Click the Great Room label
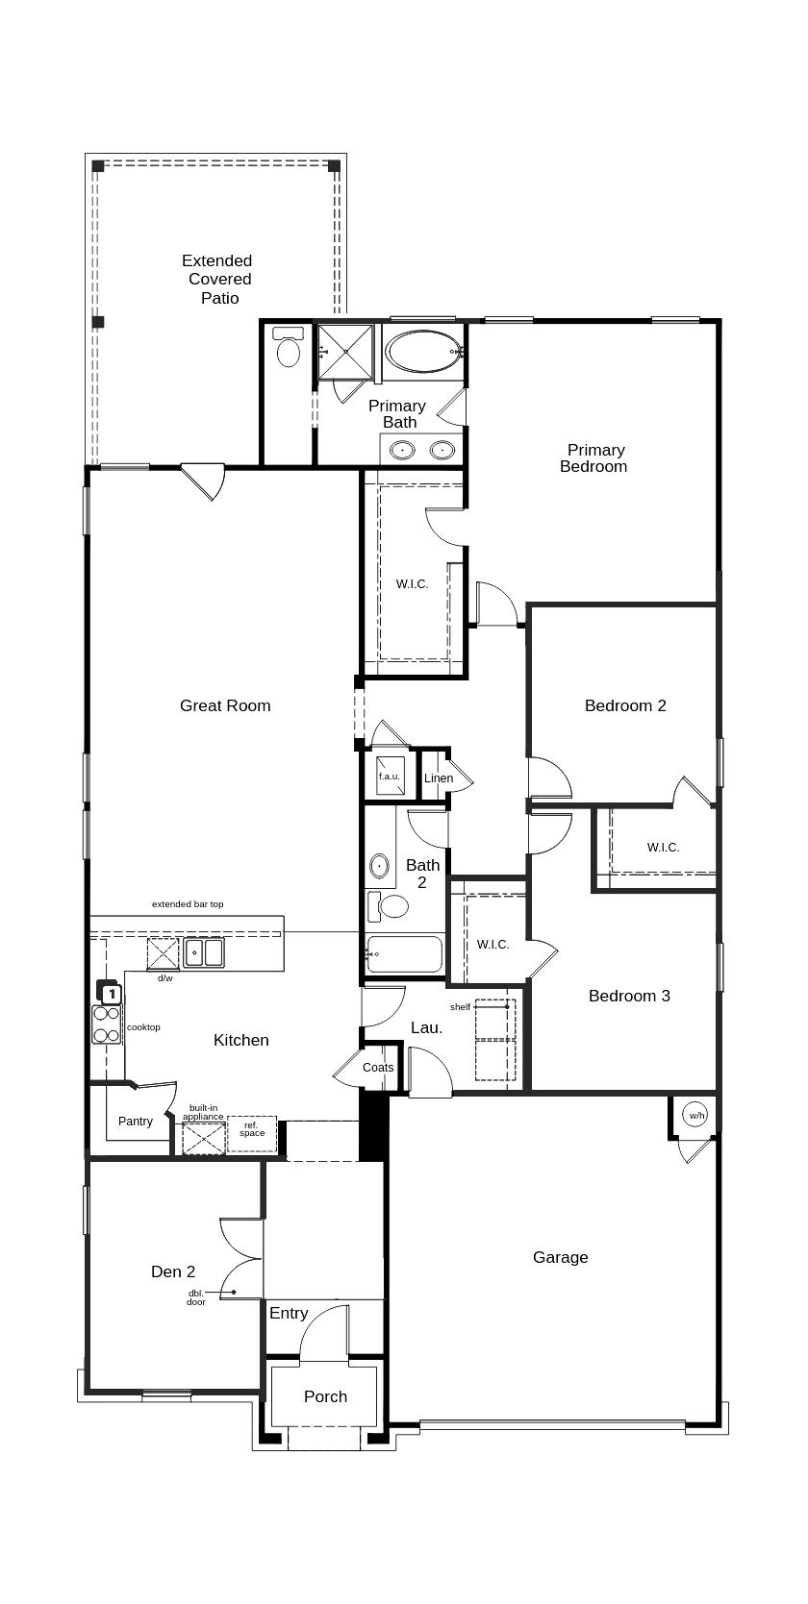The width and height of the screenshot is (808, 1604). (225, 705)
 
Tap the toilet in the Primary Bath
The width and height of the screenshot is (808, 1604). (289, 347)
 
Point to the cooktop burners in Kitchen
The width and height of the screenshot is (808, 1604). (106, 1024)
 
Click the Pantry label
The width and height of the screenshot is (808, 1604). (136, 1122)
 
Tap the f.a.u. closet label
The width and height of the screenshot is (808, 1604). (390, 777)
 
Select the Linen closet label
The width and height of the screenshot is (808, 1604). (438, 778)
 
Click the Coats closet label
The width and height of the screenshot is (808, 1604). (378, 1068)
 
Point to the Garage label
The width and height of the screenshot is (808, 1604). (561, 1257)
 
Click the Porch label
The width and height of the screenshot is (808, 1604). (325, 1396)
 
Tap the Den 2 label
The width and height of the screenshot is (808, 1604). (173, 1271)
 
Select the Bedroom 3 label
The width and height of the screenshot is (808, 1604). (629, 996)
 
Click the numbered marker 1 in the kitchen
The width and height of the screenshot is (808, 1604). (112, 994)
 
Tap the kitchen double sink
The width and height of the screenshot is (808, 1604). (204, 952)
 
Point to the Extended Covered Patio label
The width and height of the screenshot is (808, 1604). (217, 280)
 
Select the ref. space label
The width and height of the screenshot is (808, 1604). (252, 1129)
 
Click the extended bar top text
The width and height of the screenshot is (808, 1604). (188, 904)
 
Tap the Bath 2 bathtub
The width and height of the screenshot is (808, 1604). (404, 953)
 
